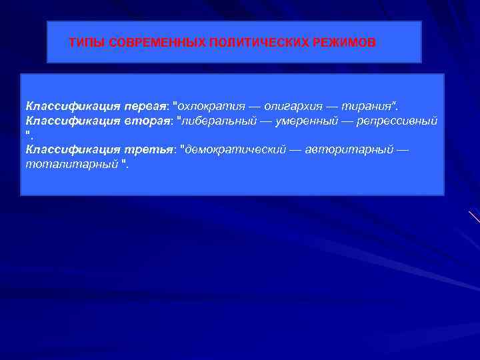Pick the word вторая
147,121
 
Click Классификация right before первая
73,106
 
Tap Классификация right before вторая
73,121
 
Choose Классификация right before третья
73,149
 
